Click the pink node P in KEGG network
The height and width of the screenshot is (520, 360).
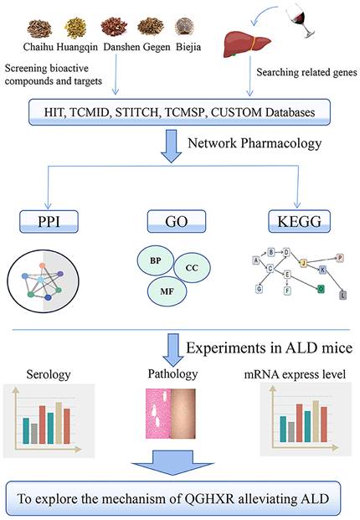339,258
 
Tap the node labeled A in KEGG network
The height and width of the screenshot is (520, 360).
255,260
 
